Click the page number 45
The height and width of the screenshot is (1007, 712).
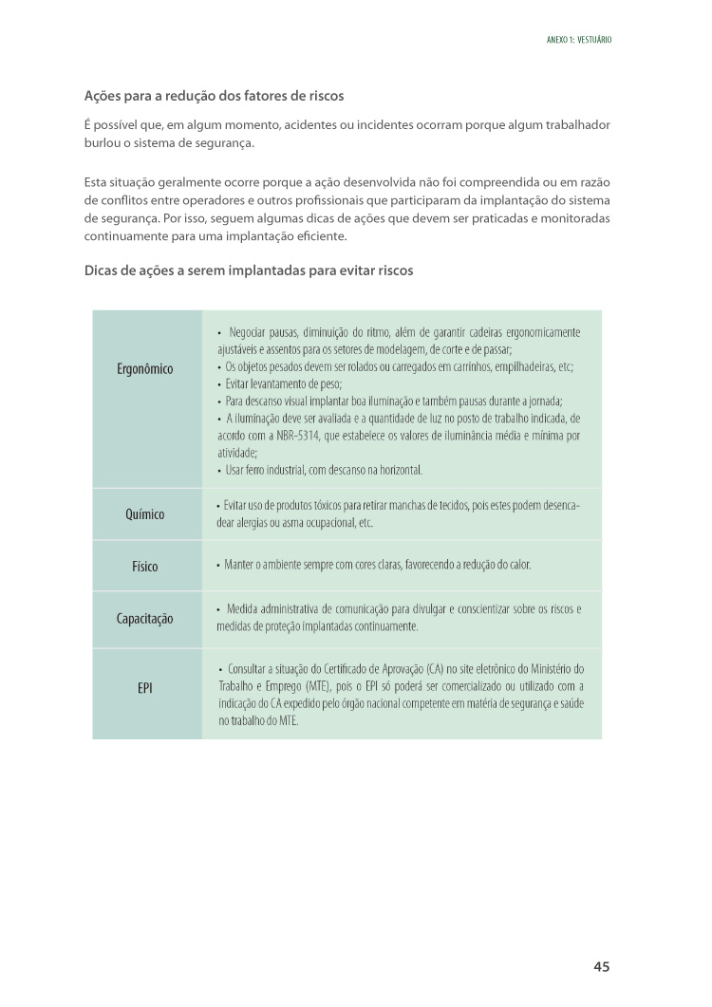(x=601, y=966)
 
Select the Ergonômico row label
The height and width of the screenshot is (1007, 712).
(x=145, y=368)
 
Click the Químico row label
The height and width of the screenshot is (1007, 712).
(x=145, y=514)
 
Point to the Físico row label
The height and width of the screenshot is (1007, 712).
(x=145, y=567)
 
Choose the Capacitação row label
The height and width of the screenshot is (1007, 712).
(x=145, y=619)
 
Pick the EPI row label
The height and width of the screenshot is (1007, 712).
(x=145, y=687)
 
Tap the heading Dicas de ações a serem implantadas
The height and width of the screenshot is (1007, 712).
(x=249, y=270)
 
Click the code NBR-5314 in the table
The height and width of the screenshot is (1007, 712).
(x=280, y=436)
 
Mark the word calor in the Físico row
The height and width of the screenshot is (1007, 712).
(x=518, y=566)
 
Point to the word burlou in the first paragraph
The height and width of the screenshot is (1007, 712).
(x=103, y=142)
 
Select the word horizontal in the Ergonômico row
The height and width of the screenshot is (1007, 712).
(x=398, y=470)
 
